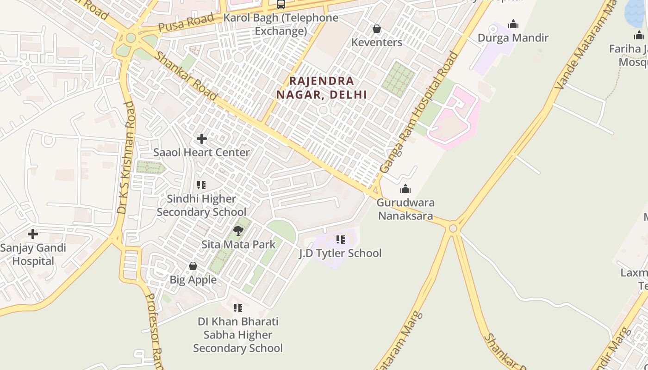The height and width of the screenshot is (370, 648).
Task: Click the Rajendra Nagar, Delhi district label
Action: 322,87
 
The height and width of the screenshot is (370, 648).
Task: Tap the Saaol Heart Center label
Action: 201,152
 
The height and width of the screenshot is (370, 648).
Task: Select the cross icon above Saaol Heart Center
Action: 202,138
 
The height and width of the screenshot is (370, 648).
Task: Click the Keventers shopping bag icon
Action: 377,29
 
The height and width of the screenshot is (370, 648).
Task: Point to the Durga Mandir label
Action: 513,37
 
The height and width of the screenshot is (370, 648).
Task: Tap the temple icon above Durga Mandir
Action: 513,24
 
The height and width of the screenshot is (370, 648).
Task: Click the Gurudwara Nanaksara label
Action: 405,209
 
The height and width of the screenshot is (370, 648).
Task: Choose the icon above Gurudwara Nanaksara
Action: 405,189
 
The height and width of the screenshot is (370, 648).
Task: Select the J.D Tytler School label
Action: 340,253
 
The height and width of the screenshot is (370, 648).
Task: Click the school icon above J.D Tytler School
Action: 341,240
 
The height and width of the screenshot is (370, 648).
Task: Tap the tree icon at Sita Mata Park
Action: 238,230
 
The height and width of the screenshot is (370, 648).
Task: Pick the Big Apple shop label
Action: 193,279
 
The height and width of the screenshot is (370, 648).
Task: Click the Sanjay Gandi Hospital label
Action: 33,254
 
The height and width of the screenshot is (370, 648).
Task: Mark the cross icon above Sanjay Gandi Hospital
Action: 33,234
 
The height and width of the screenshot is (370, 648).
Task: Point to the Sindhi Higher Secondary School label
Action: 201,205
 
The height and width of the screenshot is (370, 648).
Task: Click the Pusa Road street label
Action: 186,23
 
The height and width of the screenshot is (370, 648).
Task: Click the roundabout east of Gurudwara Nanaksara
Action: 453,228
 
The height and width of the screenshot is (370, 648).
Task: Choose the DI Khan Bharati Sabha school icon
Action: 238,308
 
